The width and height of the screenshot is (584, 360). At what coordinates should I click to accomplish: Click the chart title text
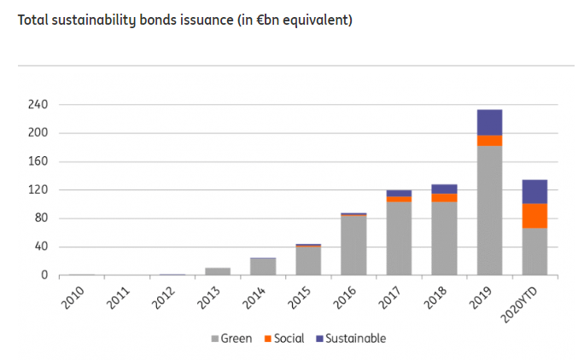pyautogui.click(x=184, y=20)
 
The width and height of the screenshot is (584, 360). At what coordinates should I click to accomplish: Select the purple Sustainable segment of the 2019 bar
pyautogui.click(x=489, y=122)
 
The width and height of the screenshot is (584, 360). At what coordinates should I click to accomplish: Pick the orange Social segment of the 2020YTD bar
pyautogui.click(x=534, y=216)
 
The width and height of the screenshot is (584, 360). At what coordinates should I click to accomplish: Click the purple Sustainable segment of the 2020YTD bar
pyautogui.click(x=534, y=191)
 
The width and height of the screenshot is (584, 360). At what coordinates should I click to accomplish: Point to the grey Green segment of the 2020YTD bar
pyautogui.click(x=534, y=252)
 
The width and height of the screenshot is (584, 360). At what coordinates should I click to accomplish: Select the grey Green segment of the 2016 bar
pyautogui.click(x=353, y=246)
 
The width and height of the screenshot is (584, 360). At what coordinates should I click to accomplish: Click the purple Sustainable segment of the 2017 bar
pyautogui.click(x=399, y=194)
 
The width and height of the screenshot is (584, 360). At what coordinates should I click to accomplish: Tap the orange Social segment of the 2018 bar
pyautogui.click(x=444, y=198)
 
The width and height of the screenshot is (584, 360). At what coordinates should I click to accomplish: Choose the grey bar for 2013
pyautogui.click(x=218, y=271)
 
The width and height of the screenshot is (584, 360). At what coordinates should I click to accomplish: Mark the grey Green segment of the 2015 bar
pyautogui.click(x=308, y=261)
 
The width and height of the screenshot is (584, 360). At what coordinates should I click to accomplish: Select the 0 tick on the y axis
pyautogui.click(x=44, y=276)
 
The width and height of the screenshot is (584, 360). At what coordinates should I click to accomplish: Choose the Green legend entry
pyautogui.click(x=231, y=339)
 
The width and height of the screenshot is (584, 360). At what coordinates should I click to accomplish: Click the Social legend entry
pyautogui.click(x=284, y=339)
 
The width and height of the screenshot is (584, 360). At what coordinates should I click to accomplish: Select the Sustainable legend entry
pyautogui.click(x=351, y=339)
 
